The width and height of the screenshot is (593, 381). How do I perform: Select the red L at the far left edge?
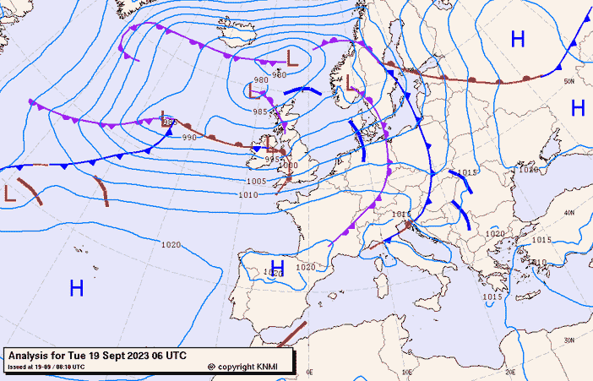click(x=9, y=192)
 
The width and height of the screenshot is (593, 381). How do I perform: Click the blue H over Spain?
click(x=276, y=269)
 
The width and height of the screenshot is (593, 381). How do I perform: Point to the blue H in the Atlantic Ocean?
click(x=76, y=288)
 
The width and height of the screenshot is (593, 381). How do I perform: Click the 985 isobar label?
click(x=260, y=112)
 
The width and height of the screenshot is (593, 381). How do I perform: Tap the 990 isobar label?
click(x=189, y=137)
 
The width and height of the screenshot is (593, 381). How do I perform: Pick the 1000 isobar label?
click(x=289, y=166)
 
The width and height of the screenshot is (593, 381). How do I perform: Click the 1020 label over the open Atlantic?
click(x=170, y=245)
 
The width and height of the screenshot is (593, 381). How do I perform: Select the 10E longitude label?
click(x=408, y=371)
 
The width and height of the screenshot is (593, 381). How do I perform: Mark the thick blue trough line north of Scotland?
click(x=302, y=90)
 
